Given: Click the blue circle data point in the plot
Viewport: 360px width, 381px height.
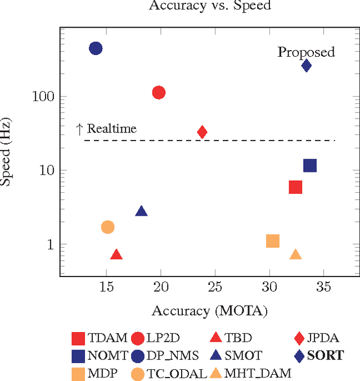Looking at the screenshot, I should pyautogui.click(x=96, y=48).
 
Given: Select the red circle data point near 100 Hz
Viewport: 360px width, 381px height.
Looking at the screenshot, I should pyautogui.click(x=159, y=93).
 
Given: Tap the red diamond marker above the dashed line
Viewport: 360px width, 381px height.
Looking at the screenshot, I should pyautogui.click(x=202, y=132).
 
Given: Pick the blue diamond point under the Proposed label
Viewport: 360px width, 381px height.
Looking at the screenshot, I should pyautogui.click(x=306, y=66).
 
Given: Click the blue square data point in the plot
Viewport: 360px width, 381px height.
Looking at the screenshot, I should pyautogui.click(x=310, y=165).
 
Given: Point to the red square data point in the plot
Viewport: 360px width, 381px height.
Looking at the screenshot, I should pyautogui.click(x=295, y=187).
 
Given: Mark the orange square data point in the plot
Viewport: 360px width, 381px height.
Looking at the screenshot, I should pyautogui.click(x=273, y=241).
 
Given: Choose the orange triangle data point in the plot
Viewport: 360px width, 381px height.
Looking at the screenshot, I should pyautogui.click(x=295, y=255).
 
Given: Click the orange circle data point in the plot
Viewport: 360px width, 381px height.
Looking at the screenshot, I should pyautogui.click(x=107, y=227).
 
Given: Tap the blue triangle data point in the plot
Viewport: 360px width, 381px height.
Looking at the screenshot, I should pyautogui.click(x=141, y=211).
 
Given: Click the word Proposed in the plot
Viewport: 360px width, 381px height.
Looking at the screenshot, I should pyautogui.click(x=306, y=52).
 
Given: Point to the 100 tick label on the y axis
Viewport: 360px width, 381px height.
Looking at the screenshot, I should pyautogui.click(x=42, y=97).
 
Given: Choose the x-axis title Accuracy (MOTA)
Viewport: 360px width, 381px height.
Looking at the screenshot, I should pyautogui.click(x=209, y=311).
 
